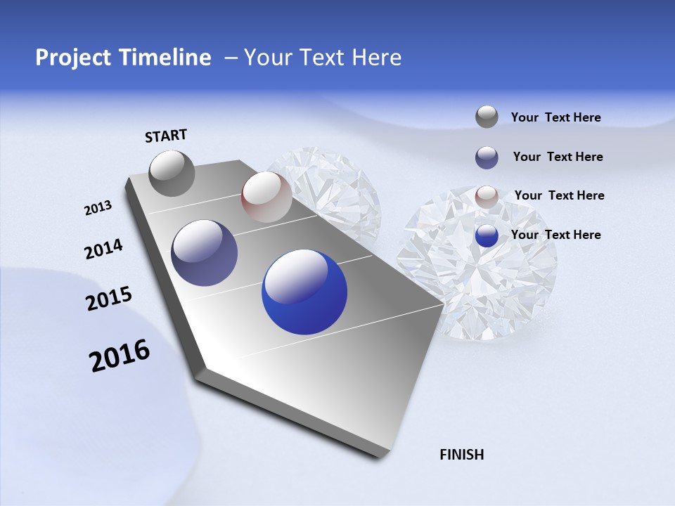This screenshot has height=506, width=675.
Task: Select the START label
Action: (x=166, y=136)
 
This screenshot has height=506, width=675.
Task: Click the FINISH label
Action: (x=462, y=455)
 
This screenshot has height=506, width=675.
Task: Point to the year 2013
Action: (x=98, y=208)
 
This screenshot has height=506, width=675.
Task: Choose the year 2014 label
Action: (x=103, y=249)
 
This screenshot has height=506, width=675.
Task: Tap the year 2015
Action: (x=109, y=299)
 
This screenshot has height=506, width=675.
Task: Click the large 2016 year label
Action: (x=120, y=356)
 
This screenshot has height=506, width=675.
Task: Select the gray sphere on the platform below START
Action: (x=172, y=173)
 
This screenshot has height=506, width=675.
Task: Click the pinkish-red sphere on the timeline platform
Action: (x=266, y=197)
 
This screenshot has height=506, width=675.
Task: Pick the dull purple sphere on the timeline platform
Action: (x=205, y=253)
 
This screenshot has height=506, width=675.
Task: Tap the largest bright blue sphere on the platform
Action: (x=304, y=292)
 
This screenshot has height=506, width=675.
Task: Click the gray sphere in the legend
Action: (x=487, y=117)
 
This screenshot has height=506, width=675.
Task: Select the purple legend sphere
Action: (x=487, y=157)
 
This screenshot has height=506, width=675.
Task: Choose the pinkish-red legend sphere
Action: (x=487, y=197)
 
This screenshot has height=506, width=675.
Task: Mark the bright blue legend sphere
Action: (x=487, y=235)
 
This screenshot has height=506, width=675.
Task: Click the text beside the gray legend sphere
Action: (x=555, y=117)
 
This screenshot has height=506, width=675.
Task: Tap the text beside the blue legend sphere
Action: (x=555, y=235)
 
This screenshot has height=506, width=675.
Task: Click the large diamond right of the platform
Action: (x=478, y=267)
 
